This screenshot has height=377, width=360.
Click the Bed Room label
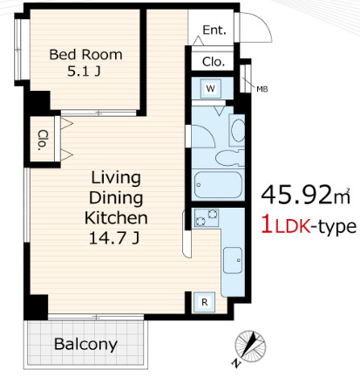point(85,55)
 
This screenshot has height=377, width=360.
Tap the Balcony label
point(85,344)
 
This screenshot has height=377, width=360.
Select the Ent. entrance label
point(214,30)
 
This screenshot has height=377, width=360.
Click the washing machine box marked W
point(211,88)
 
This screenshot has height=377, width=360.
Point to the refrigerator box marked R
point(205,302)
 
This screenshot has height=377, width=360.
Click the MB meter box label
point(262,89)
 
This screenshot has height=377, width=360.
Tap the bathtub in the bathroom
point(218,184)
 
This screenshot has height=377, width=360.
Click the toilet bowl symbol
point(229,158)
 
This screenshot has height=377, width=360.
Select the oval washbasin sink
point(238,130)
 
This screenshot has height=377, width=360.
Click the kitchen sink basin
point(233,260)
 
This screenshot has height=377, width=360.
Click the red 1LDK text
point(286,226)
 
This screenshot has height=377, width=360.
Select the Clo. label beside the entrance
point(214,62)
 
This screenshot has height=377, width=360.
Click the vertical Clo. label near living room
point(43,140)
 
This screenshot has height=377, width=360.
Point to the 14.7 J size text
point(114,238)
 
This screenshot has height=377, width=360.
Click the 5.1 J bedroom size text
point(84,71)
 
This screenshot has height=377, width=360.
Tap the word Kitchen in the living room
point(116,218)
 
